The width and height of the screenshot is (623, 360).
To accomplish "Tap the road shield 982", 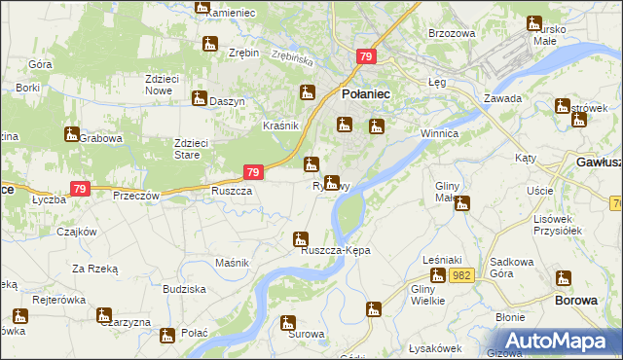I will point(461,276).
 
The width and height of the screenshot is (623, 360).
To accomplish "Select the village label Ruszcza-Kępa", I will point(336,251).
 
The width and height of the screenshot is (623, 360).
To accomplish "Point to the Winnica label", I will point(437,131).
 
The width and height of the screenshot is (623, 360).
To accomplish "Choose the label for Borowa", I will point(575,301).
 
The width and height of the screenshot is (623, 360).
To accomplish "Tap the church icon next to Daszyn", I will point(199,99).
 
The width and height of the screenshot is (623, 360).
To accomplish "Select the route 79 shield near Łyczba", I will point(79,189).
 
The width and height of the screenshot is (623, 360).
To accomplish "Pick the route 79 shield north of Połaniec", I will point(366,58).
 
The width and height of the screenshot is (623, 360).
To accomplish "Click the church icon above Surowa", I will point(287,322).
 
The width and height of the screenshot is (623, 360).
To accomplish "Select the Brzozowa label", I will point(452,33).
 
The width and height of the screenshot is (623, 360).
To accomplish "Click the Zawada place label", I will point(503,99).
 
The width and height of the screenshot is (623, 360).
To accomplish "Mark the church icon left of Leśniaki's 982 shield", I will point(438,275).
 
